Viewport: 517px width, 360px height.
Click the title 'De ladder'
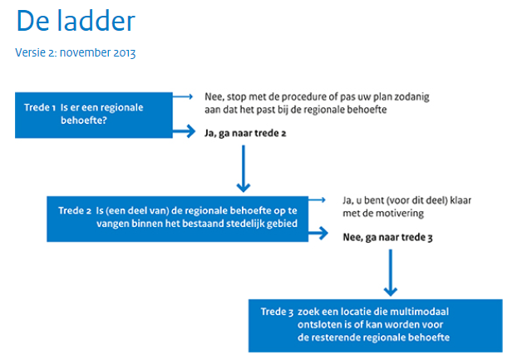pos(76,21)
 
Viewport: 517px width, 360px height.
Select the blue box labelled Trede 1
pos(94,115)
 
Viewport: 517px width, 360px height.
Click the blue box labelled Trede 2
pos(177,219)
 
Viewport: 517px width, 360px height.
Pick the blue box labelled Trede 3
pos(376,326)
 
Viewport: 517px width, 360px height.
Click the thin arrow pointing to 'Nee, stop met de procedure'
pos(183,96)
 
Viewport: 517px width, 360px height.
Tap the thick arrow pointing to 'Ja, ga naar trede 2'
pos(184,131)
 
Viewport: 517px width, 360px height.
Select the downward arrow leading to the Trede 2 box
pos(244,169)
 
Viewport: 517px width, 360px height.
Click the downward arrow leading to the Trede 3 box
pos(391,273)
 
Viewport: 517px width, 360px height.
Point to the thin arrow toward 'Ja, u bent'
pos(317,200)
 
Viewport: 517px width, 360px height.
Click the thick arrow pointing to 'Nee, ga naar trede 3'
pos(318,234)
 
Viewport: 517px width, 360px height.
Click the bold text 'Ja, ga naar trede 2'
pos(245,133)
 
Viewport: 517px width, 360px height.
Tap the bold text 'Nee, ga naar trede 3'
pos(387,237)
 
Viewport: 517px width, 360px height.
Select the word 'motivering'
pos(400,214)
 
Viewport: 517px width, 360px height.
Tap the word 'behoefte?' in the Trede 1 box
pos(84,121)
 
